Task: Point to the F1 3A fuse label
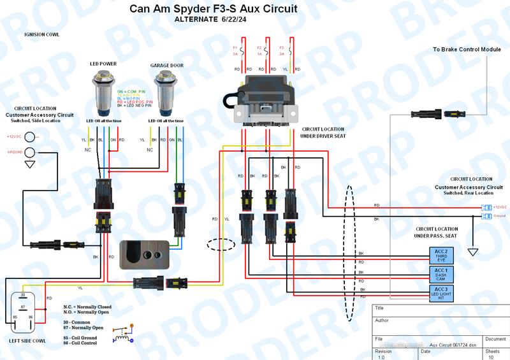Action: coord(235,50)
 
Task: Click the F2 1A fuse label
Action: coord(259,50)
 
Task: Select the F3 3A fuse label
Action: coord(282,50)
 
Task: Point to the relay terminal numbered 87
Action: coord(22,306)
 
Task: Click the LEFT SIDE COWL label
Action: coord(27,341)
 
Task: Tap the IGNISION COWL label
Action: coord(41,34)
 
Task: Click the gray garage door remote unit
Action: coord(145,252)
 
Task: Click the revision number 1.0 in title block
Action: coord(382,357)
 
